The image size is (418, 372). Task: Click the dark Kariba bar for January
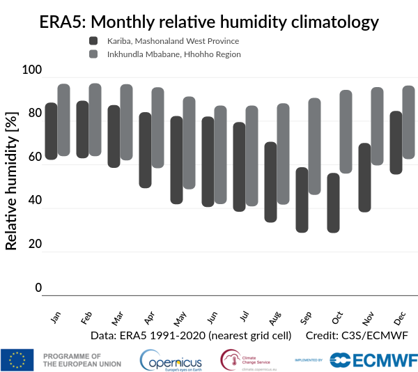click(x=51, y=131)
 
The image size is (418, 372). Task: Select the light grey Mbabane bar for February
click(x=95, y=120)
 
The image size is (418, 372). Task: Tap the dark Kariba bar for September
click(x=302, y=200)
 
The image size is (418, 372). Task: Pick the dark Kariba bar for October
click(x=333, y=203)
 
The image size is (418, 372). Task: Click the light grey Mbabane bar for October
click(x=346, y=132)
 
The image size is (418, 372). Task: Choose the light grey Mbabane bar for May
click(x=189, y=143)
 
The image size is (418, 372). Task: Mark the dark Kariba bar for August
click(x=270, y=182)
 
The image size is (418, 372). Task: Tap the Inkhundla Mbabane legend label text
click(x=173, y=54)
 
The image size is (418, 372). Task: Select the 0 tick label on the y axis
click(x=38, y=288)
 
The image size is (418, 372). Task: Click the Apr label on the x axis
click(x=148, y=318)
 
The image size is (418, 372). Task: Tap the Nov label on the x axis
click(x=367, y=319)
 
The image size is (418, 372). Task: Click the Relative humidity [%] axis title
click(x=11, y=172)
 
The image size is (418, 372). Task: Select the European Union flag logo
click(x=17, y=359)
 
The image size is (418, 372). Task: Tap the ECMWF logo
click(x=373, y=359)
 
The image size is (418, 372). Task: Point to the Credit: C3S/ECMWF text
click(x=356, y=335)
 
